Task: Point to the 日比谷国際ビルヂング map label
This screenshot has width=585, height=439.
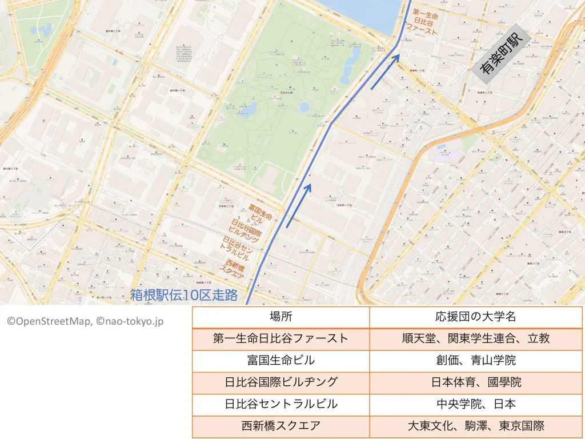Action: [x=246, y=230]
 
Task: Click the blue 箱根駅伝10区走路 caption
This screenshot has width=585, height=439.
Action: [x=183, y=295]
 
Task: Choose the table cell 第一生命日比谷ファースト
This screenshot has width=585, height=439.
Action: [x=281, y=338]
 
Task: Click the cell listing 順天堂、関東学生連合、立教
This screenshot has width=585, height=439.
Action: [x=475, y=338]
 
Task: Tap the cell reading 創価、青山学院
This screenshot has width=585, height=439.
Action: [x=475, y=360]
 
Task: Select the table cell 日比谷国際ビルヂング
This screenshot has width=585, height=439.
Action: [x=281, y=382]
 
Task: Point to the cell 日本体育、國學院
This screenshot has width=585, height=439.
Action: [x=475, y=382]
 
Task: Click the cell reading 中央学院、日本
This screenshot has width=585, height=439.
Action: [x=475, y=404]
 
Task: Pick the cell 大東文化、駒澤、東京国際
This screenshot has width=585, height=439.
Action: [x=475, y=426]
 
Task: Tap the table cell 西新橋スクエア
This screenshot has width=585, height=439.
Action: [x=281, y=426]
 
